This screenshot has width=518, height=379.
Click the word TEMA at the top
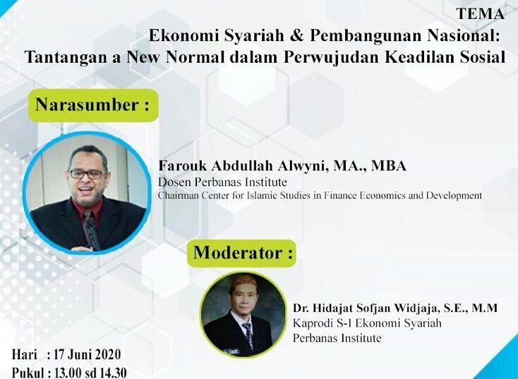[480, 14]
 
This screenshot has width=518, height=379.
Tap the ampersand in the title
[297, 36]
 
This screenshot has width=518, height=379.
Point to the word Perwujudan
[331, 57]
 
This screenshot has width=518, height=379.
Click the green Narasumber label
[93, 105]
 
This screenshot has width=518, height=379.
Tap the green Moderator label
[241, 253]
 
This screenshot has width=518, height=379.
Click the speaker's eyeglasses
[87, 174]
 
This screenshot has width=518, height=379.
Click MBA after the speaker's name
[389, 165]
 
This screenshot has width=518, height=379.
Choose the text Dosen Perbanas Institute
[222, 182]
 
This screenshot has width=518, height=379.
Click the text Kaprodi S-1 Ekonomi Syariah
[367, 322]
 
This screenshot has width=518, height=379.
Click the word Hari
[25, 355]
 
